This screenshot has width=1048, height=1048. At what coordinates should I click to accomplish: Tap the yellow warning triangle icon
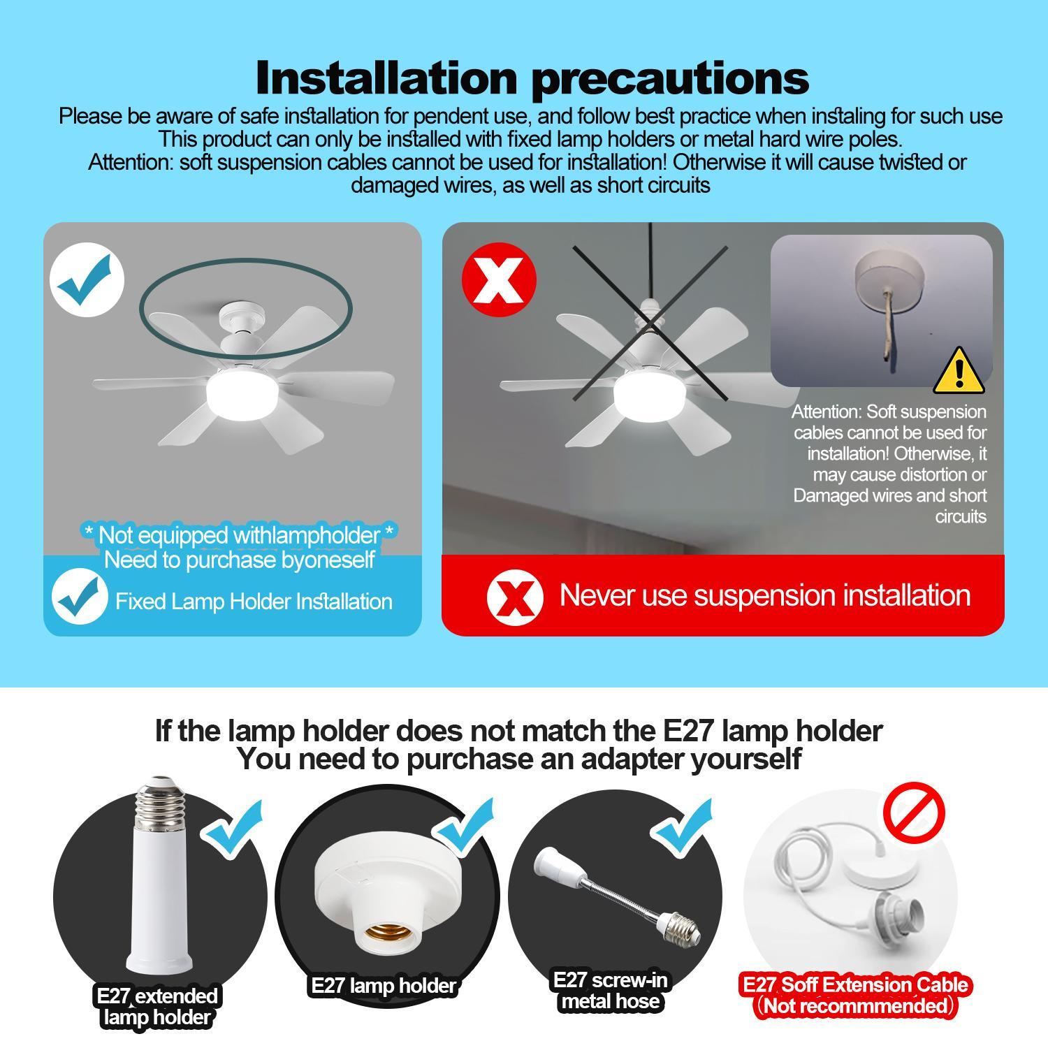tap(959, 372)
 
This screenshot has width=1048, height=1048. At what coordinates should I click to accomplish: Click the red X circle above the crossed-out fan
tap(499, 280)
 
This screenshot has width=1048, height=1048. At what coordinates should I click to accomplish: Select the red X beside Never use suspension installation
tap(515, 596)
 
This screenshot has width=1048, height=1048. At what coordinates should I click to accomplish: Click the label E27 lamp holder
tap(383, 986)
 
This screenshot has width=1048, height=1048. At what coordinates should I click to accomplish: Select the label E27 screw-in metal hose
tap(610, 991)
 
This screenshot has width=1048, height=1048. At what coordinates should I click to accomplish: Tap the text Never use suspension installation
tap(764, 595)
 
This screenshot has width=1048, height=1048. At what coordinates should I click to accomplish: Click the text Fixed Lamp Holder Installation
tap(254, 602)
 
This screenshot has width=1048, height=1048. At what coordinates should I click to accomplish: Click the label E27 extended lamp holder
tap(157, 1006)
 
